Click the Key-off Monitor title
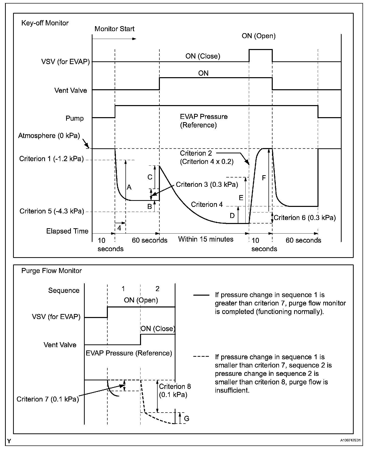click(x=45, y=23)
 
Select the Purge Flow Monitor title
click(x=51, y=271)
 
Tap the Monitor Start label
click(x=114, y=29)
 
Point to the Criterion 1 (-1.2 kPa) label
click(x=51, y=159)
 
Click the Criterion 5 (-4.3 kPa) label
click(x=52, y=211)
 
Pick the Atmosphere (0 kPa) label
click(x=49, y=136)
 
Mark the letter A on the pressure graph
click(x=129, y=187)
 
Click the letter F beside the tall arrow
click(x=264, y=178)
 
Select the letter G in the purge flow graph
click(x=187, y=418)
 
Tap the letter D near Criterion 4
click(x=232, y=215)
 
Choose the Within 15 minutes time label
click(x=206, y=239)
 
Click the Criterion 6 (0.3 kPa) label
click(x=305, y=218)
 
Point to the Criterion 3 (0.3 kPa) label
click(x=207, y=185)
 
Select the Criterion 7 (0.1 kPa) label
click(x=48, y=399)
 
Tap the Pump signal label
click(x=74, y=118)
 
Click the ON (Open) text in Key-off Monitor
click(x=258, y=36)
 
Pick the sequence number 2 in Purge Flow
click(x=157, y=289)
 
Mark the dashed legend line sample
click(x=201, y=356)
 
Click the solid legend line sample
click(x=201, y=295)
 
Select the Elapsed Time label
click(x=67, y=231)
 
